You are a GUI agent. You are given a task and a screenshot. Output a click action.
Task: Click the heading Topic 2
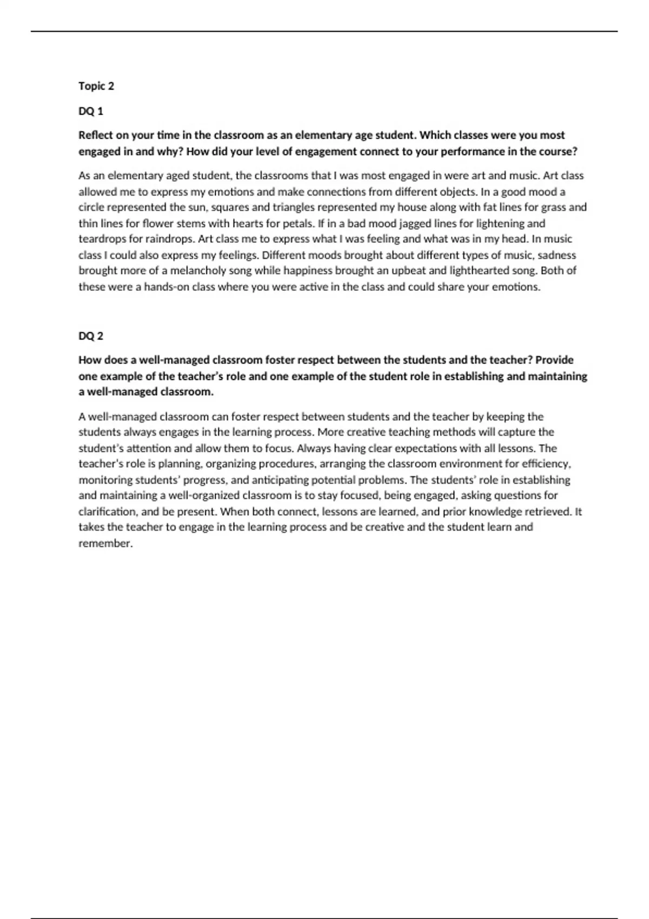96,86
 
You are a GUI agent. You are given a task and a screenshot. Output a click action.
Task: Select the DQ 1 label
91,111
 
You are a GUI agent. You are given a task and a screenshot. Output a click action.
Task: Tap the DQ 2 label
91,336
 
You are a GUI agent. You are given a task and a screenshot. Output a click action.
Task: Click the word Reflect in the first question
96,135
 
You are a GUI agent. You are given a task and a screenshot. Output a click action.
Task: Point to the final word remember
105,543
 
